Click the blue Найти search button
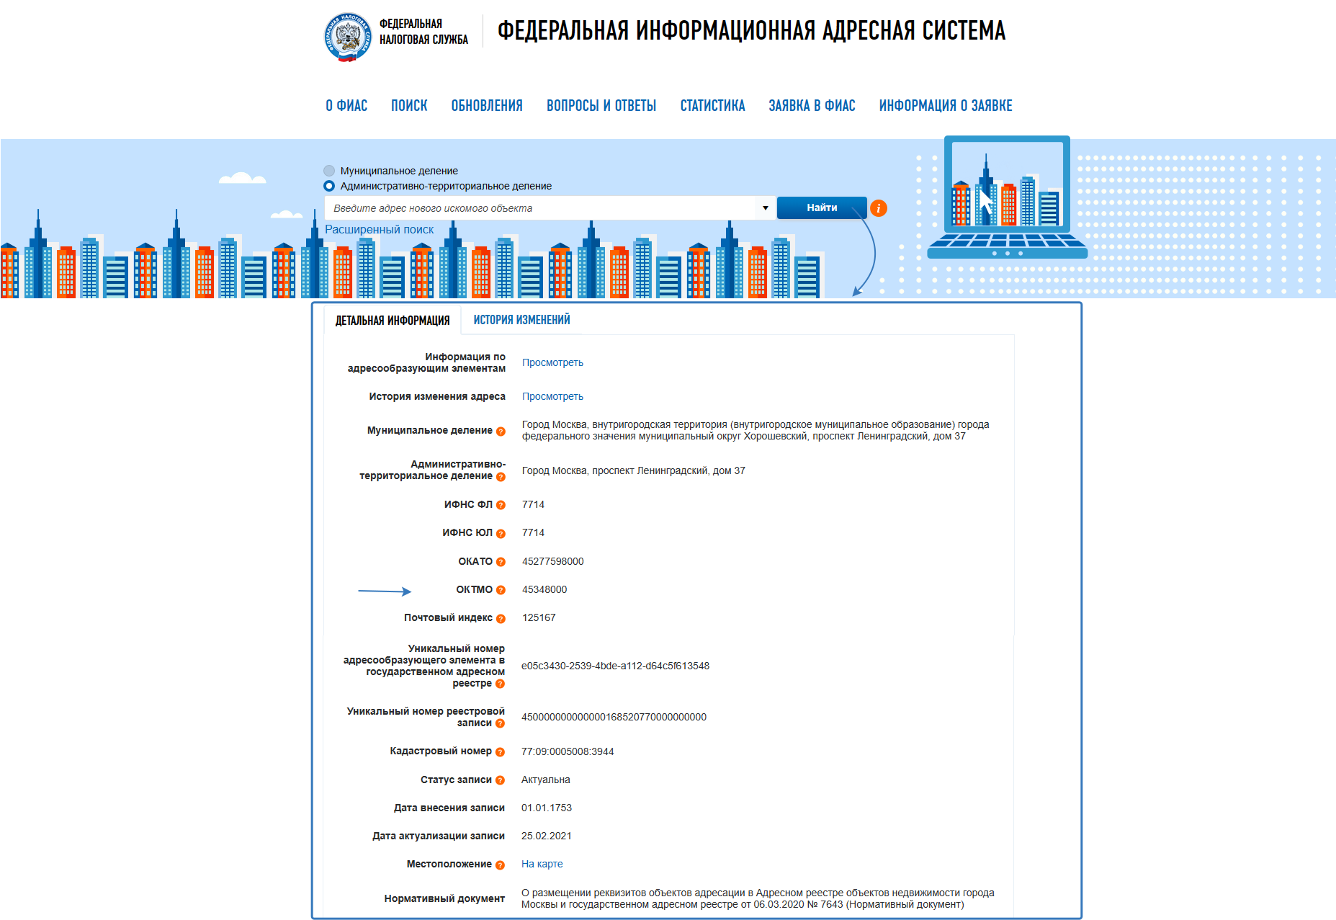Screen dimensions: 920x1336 point(821,207)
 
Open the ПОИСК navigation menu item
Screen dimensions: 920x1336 point(409,106)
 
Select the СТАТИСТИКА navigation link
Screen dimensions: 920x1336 point(712,106)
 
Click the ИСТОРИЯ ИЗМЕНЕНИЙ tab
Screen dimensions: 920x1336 point(521,320)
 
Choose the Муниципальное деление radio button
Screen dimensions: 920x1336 point(329,171)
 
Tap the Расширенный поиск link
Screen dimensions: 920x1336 point(379,229)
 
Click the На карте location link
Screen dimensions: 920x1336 point(542,864)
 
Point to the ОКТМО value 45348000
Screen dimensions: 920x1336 point(544,589)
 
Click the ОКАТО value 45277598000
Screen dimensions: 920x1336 point(552,561)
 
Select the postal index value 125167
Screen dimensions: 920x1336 point(538,617)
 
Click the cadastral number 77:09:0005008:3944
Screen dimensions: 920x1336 point(568,751)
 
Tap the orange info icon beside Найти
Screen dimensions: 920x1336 point(878,208)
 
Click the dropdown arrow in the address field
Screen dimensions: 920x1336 point(765,208)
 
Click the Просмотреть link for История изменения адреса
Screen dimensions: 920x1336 point(552,396)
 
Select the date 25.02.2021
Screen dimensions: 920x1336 point(546,836)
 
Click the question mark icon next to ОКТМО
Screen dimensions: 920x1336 point(501,590)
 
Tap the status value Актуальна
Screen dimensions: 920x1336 point(545,780)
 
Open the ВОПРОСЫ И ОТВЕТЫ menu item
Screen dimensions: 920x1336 point(601,106)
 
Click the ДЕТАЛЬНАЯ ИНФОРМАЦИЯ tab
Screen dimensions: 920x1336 point(392,321)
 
